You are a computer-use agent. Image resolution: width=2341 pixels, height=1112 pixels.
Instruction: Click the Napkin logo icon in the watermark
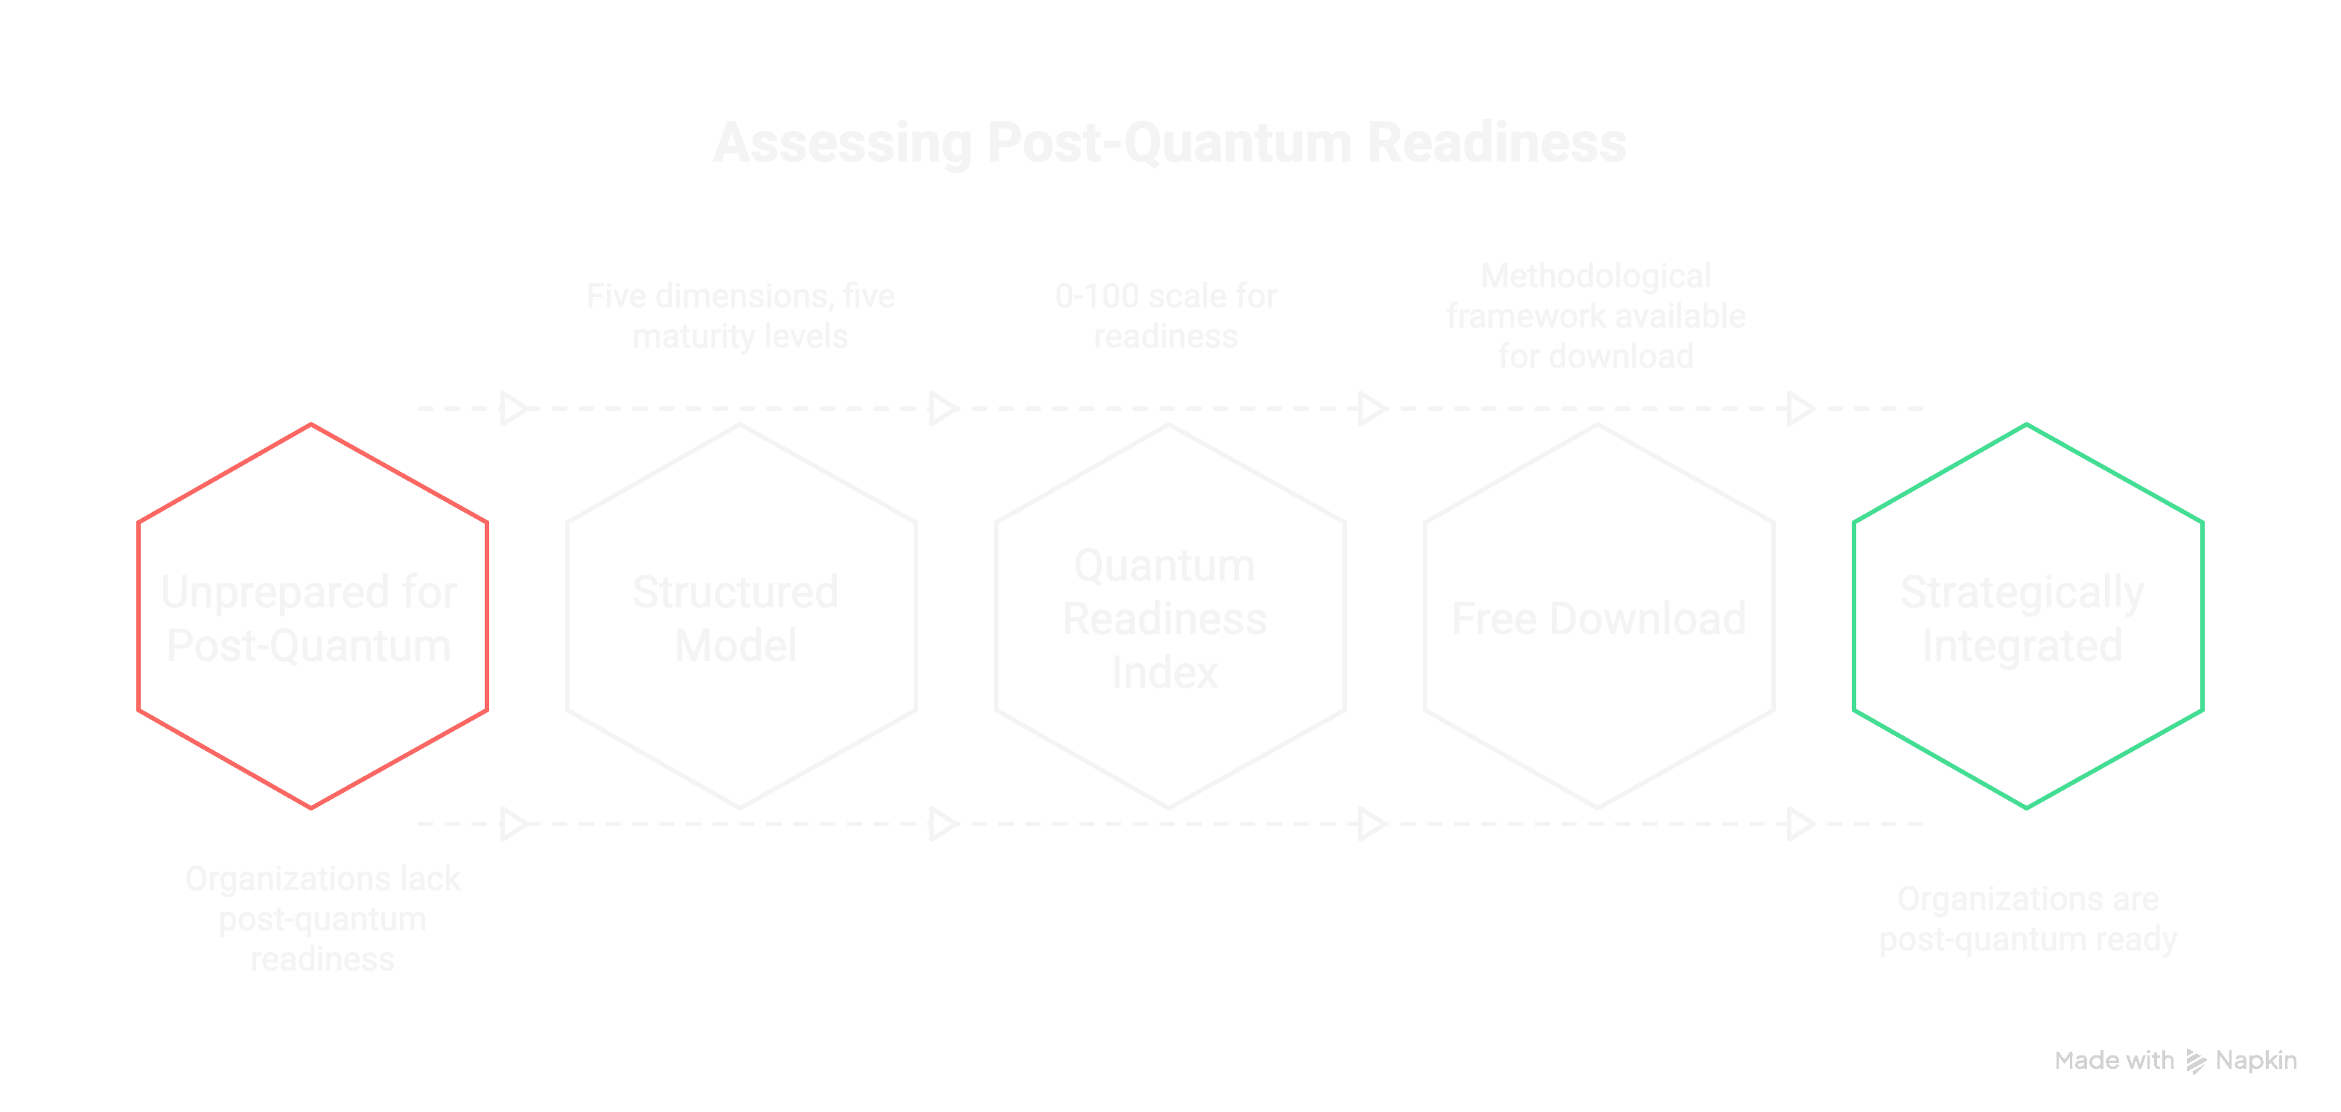[x=2196, y=1060]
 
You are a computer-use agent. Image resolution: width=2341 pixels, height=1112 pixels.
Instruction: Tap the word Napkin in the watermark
[x=2255, y=1060]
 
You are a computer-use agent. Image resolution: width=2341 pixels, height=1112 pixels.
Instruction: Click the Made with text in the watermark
[x=2114, y=1060]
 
